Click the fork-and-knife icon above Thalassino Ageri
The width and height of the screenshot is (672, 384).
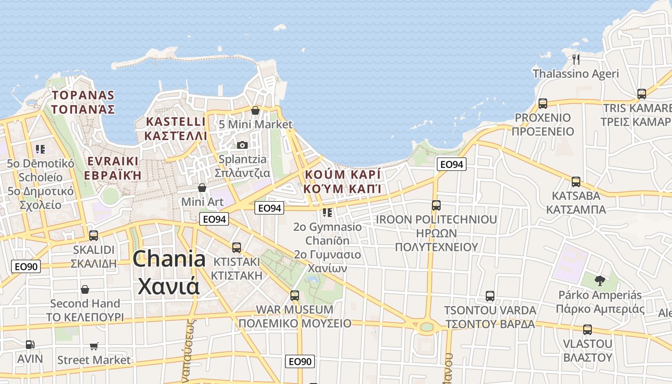point(576,59)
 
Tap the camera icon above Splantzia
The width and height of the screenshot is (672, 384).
point(242,144)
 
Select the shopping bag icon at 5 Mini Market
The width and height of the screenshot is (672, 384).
point(255,110)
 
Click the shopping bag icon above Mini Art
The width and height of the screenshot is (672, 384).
point(202,187)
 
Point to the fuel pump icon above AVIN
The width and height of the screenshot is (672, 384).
point(30,344)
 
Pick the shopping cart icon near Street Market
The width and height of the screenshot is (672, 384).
point(94,346)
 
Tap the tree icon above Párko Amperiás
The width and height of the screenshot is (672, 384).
point(600,280)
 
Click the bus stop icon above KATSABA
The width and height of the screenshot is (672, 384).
point(576,182)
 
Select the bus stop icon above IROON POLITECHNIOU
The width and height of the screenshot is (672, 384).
point(436,205)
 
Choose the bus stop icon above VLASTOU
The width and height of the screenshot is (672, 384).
point(588,330)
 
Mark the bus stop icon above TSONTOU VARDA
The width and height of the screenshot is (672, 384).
point(490,296)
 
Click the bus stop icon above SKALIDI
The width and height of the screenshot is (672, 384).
point(94,236)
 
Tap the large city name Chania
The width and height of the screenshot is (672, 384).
point(169,259)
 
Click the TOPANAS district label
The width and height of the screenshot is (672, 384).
point(84,95)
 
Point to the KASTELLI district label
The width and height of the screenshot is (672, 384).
point(176,121)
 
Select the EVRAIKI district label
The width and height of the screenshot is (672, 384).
point(113,161)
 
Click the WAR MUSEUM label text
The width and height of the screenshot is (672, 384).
point(295,309)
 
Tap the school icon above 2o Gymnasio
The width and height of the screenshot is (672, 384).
point(327,212)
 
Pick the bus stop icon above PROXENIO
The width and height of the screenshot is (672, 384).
point(543,104)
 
